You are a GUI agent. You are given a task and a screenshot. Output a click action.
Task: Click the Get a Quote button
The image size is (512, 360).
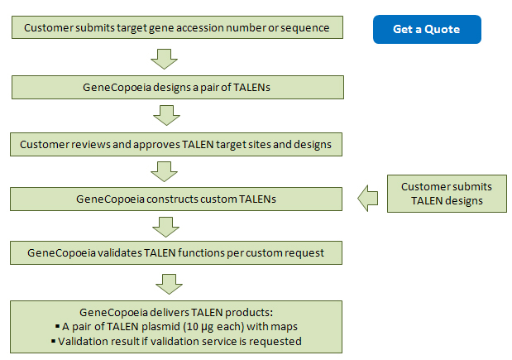coord(427,30)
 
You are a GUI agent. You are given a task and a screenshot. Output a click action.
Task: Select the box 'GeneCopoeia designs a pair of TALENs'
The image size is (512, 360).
coord(178,87)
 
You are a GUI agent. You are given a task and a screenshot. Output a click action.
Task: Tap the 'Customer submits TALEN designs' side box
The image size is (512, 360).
coord(447,194)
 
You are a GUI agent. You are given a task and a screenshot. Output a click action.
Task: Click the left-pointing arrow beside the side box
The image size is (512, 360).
coord(368,199)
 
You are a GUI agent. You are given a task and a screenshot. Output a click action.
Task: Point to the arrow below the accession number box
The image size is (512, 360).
coord(165,59)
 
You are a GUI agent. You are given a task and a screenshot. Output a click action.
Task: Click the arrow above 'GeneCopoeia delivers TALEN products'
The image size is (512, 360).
coord(169,284)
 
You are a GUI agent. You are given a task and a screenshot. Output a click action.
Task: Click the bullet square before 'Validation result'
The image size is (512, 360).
coord(53,342)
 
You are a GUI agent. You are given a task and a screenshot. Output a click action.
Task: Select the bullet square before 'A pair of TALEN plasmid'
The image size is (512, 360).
coord(58,326)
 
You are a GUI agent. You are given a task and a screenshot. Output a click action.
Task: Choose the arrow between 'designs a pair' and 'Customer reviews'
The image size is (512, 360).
coord(166,115)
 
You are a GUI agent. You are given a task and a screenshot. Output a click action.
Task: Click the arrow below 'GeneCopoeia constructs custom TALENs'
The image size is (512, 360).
coord(166,227)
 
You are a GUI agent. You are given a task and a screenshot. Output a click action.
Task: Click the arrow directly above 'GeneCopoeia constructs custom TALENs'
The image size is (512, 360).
coord(165,171)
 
